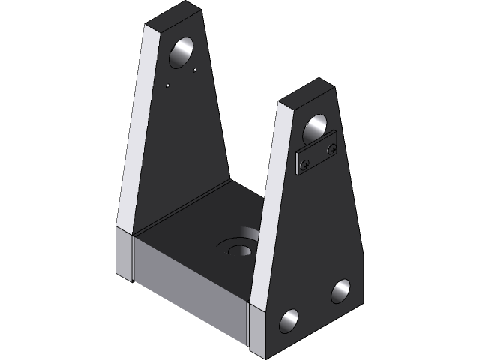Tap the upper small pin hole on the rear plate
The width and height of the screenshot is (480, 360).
pyautogui.click(x=195, y=70)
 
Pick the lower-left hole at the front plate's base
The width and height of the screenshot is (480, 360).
pyautogui.click(x=289, y=321)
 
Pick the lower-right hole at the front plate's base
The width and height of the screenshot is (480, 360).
pyautogui.click(x=340, y=290)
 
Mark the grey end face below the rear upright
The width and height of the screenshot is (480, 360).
pyautogui.click(x=124, y=255)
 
